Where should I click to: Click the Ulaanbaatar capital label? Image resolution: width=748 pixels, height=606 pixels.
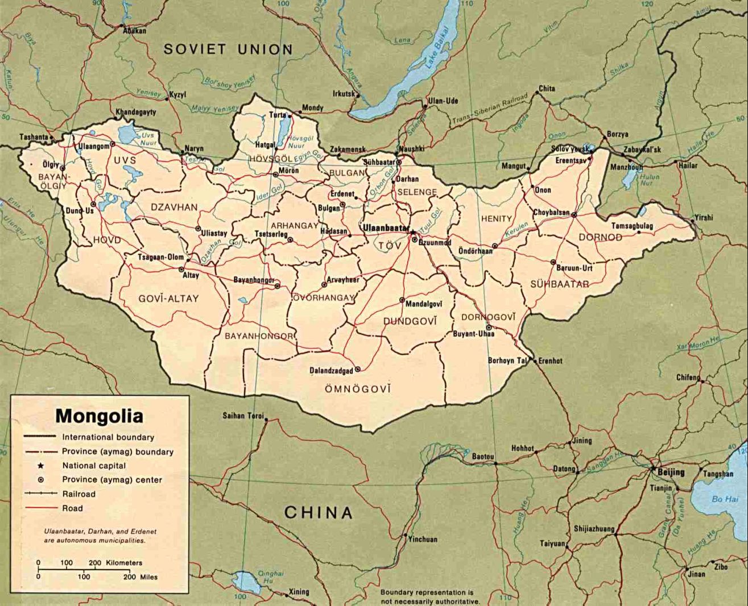[385, 227]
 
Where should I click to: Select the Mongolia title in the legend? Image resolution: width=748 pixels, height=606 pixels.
[99, 416]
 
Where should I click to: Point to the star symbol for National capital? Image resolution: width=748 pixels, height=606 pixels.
[40, 466]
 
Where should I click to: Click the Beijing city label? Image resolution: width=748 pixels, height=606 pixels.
[671, 472]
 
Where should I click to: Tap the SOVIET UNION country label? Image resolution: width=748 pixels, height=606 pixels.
[228, 49]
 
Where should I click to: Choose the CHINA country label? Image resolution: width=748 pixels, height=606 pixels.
[319, 513]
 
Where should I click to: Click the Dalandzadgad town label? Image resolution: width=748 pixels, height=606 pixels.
[331, 371]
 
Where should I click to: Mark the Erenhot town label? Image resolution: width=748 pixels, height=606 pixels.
[550, 360]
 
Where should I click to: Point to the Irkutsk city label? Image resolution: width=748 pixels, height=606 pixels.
[344, 94]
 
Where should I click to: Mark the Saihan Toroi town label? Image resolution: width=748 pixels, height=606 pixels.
[243, 416]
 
